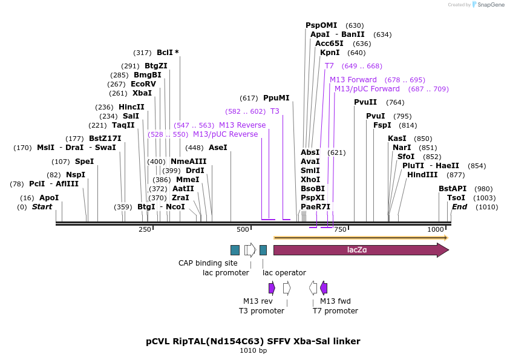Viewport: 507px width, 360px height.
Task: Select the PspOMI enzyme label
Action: [321, 25]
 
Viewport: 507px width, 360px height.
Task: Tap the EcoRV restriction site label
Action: [143, 84]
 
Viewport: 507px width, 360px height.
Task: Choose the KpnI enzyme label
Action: [330, 53]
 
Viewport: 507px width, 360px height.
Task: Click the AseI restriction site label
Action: [217, 147]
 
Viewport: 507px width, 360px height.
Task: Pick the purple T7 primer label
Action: [329, 66]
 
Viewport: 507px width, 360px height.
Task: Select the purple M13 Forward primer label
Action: [353, 80]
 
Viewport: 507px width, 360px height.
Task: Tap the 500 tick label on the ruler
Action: [243, 229]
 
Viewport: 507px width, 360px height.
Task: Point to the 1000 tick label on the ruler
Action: [436, 229]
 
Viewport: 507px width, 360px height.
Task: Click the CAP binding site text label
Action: [208, 263]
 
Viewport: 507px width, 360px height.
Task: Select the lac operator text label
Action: [284, 273]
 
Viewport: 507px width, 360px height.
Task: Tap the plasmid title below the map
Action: [253, 341]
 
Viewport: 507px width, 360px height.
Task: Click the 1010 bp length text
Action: [253, 351]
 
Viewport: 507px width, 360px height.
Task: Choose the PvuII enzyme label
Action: [365, 102]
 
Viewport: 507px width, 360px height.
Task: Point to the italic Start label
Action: [42, 207]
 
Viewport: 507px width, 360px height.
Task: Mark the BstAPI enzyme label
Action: [453, 188]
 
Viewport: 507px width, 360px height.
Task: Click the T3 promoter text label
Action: [261, 311]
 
